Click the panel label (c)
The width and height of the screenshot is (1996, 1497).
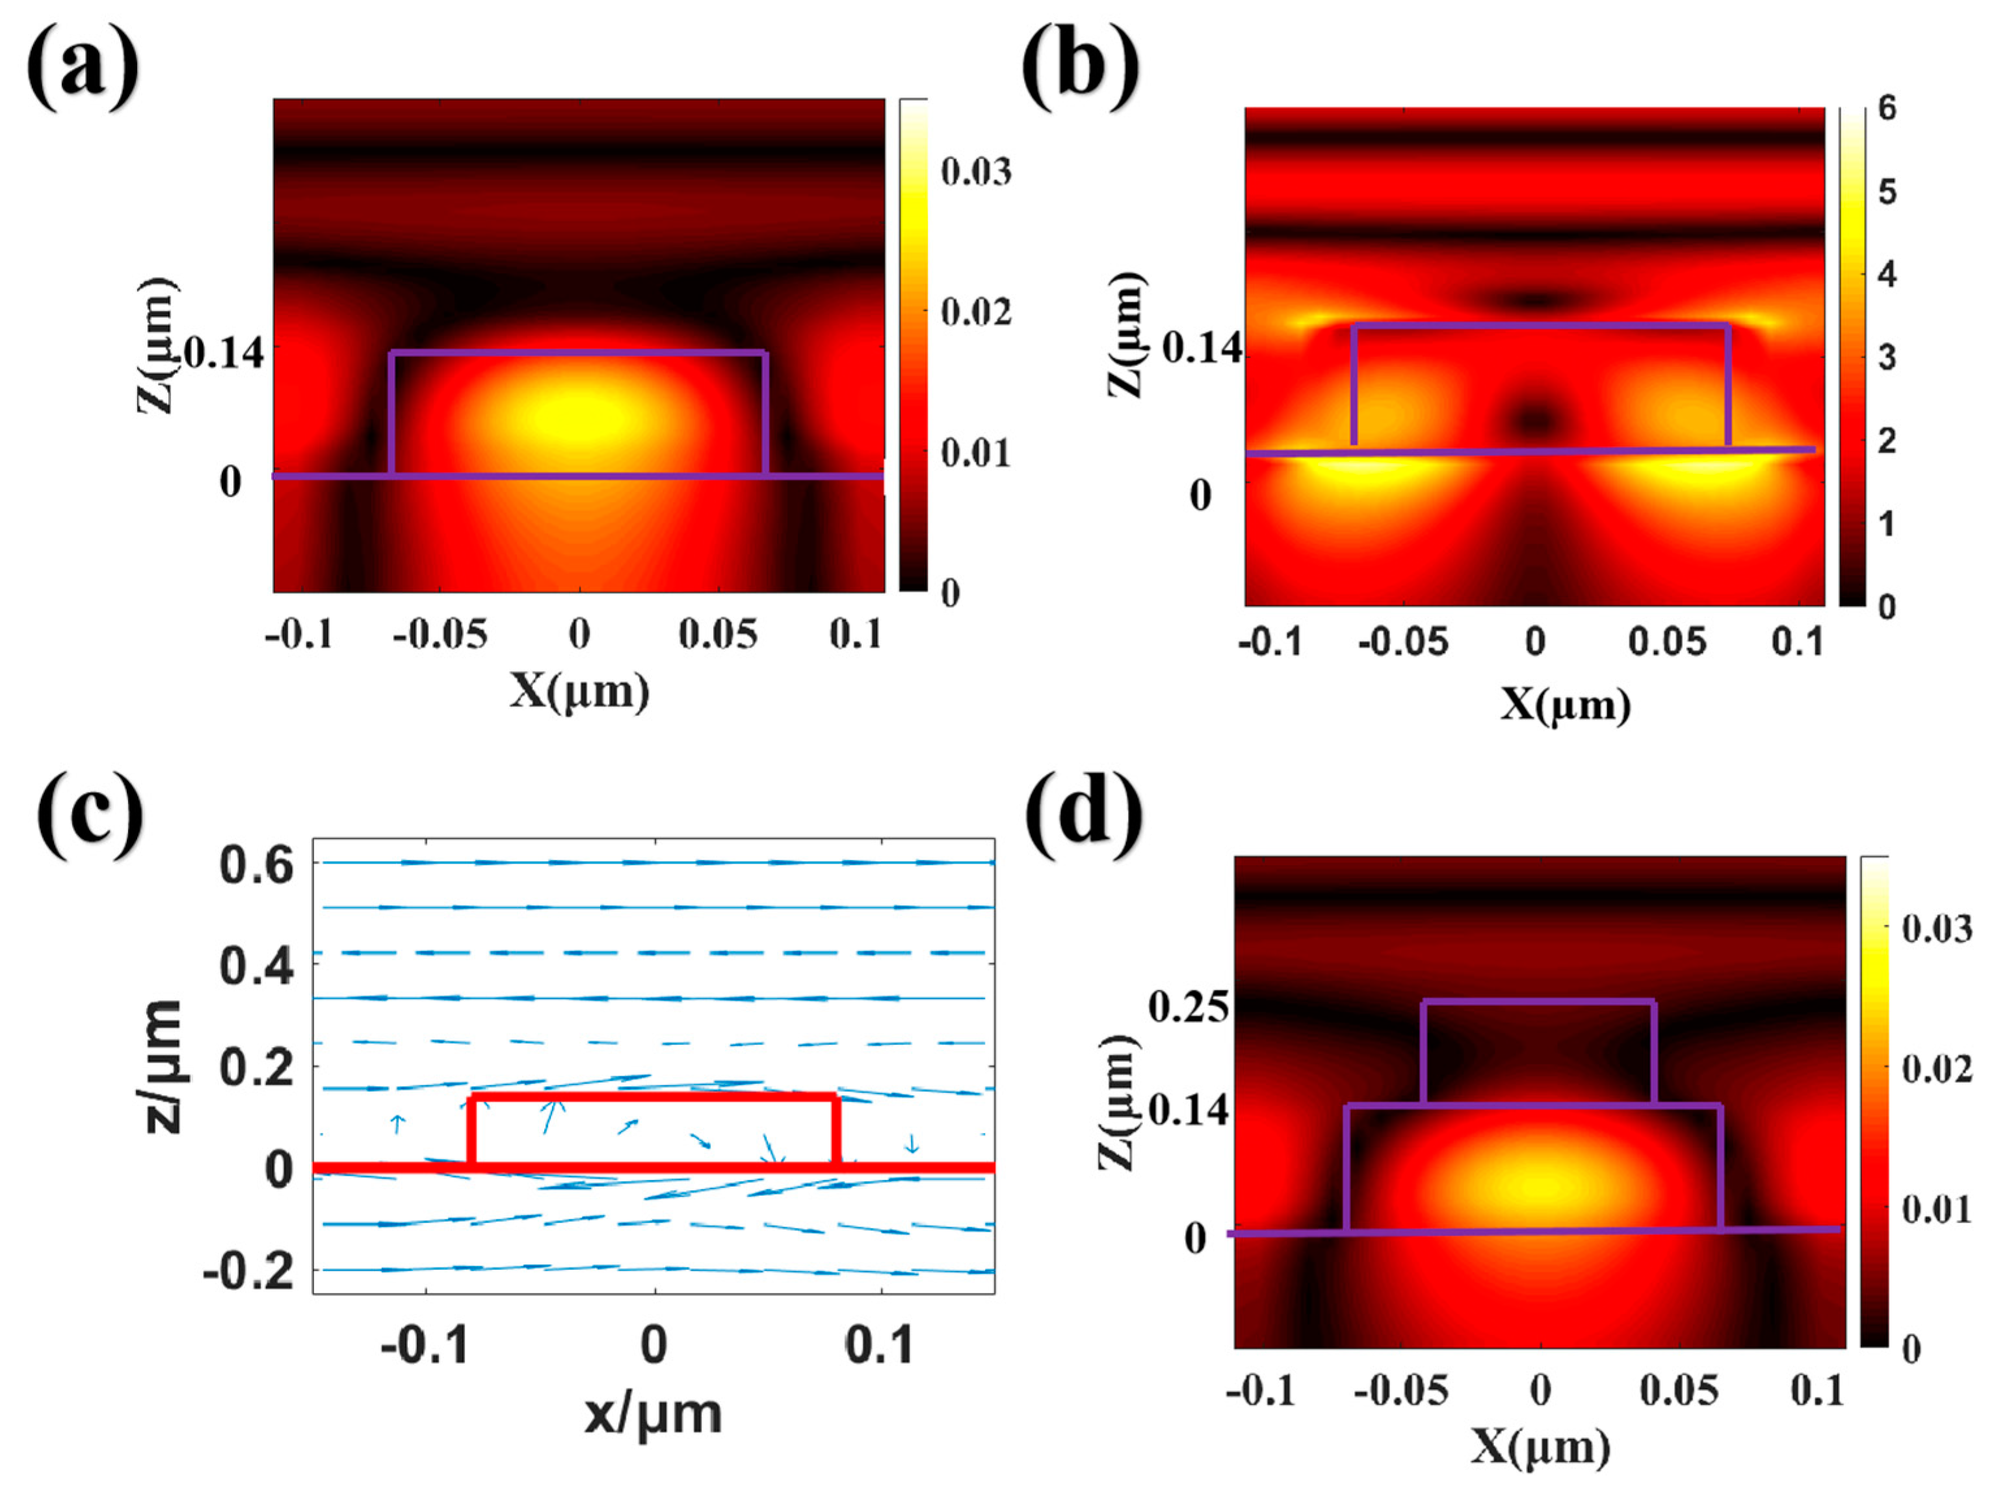click(x=90, y=815)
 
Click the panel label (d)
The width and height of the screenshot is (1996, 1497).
click(x=1086, y=815)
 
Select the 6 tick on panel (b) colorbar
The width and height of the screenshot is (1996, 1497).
click(x=1886, y=109)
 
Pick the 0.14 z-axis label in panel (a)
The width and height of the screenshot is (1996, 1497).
click(x=226, y=353)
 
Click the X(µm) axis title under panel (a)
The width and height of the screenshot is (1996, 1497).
click(x=579, y=691)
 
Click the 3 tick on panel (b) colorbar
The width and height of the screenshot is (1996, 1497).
click(x=1886, y=358)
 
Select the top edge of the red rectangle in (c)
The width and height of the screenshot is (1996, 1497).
click(x=653, y=1097)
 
